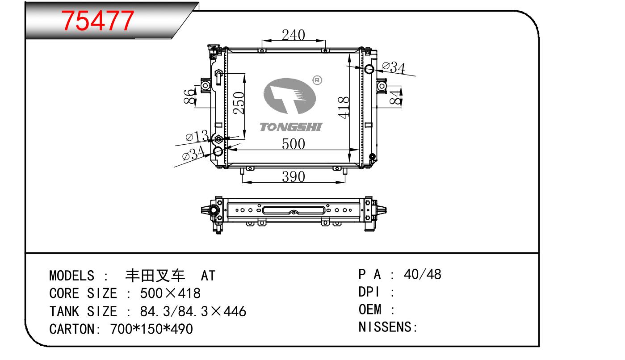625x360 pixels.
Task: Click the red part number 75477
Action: click(x=97, y=21)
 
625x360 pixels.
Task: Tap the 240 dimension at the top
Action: click(x=293, y=35)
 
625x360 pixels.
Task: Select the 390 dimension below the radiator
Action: click(x=293, y=176)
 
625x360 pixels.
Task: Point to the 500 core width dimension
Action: click(x=293, y=144)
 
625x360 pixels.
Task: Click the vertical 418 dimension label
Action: click(x=344, y=108)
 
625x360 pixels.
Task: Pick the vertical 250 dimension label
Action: click(x=239, y=103)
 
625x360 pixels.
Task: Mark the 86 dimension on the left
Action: click(x=189, y=96)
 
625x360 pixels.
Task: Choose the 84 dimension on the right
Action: click(x=396, y=97)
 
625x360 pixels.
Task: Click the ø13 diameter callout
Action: click(x=197, y=136)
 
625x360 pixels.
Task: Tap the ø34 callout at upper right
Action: click(x=394, y=67)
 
